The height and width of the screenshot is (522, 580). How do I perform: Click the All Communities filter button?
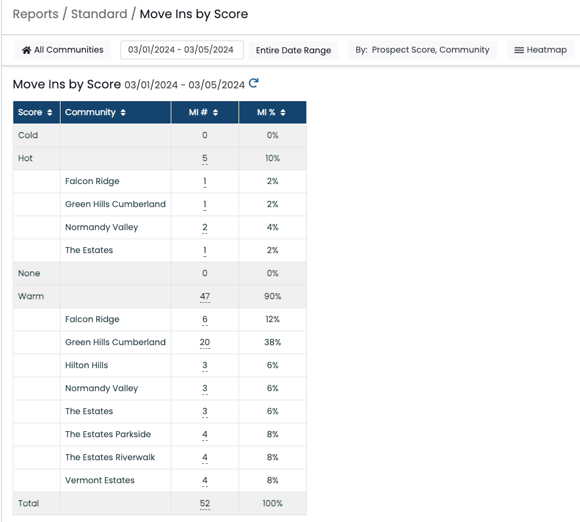tap(62, 50)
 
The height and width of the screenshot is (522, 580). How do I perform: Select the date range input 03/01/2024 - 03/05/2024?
tap(182, 50)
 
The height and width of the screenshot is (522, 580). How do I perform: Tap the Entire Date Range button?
tap(293, 50)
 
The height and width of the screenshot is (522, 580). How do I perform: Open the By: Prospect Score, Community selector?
tap(423, 50)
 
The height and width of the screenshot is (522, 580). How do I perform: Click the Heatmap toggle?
tap(541, 50)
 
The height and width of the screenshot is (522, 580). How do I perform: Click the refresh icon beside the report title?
tap(254, 83)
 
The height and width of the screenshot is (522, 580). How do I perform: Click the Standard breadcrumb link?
tap(99, 14)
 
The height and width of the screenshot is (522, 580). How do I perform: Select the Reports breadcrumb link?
tap(36, 14)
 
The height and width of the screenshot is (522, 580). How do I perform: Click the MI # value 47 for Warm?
tap(205, 296)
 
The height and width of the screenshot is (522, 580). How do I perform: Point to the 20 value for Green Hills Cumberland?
tap(205, 343)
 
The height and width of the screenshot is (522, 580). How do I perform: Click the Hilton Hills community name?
tap(87, 366)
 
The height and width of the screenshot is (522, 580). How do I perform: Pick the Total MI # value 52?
tap(205, 503)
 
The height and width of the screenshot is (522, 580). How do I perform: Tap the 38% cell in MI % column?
tap(272, 343)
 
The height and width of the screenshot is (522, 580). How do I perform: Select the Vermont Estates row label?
tap(100, 480)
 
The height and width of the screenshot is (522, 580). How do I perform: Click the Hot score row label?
tap(25, 158)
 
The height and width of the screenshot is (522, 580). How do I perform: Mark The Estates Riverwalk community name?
tap(110, 457)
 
